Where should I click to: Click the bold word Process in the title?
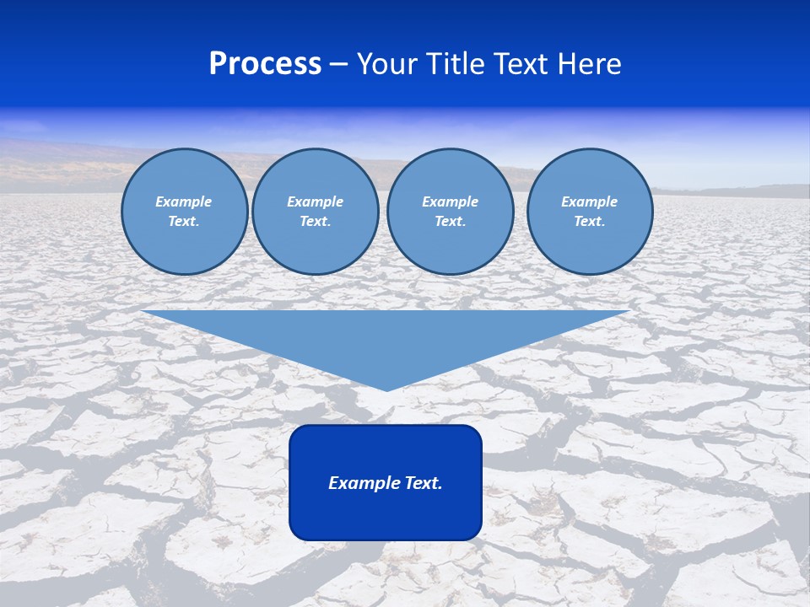pos(265,64)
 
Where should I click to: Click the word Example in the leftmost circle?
pos(184,201)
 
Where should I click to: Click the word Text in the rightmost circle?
pos(588,221)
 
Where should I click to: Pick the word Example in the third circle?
pos(450,201)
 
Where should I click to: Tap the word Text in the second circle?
pos(314,221)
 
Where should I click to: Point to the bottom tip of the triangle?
pos(386,389)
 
